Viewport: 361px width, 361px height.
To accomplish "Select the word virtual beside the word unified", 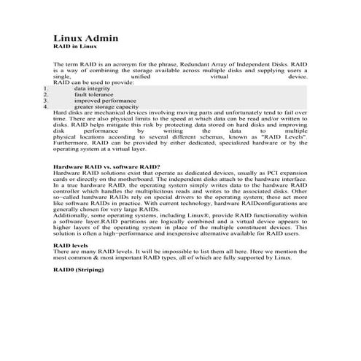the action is point(219,76).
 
